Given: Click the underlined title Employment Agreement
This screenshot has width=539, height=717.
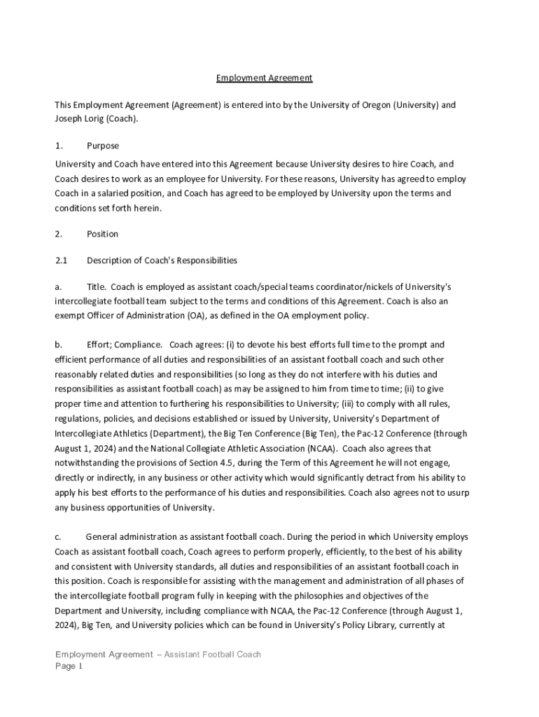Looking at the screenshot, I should coord(263,78).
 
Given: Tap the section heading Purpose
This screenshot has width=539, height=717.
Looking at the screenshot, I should coord(102,146).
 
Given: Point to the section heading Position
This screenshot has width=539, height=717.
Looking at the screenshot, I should coord(102,234).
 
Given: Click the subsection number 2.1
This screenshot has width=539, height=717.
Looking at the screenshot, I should coord(60,260).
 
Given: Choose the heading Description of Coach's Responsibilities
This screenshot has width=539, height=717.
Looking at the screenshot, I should coord(162,260).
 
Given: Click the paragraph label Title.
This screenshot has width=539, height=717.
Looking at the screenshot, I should coord(96,287).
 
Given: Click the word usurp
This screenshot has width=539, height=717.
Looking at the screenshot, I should coord(456,492).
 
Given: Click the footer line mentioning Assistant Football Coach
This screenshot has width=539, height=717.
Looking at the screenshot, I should coord(158,654).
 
